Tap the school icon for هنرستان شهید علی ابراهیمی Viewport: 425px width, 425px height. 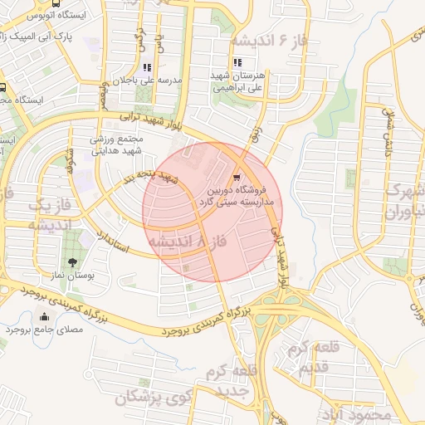[238, 62]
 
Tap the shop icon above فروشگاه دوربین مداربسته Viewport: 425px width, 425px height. [237, 177]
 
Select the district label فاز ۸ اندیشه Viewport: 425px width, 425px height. [187, 240]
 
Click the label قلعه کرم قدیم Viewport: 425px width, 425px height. [305, 356]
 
